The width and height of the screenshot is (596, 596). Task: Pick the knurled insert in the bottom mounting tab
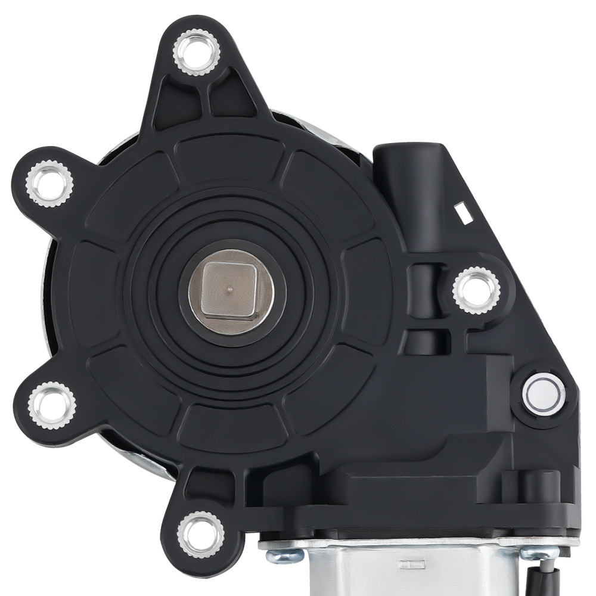[x=201, y=532]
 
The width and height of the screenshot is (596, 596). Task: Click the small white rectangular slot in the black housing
[x=461, y=209]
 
